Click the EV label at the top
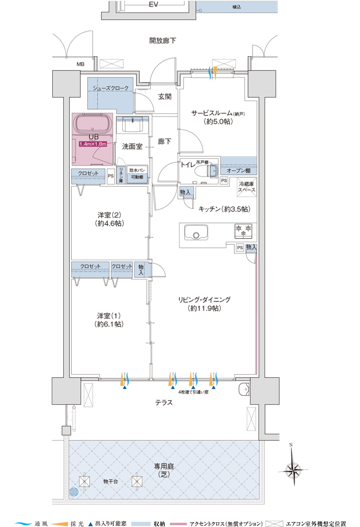click(153, 5)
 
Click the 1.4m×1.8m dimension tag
click(93, 143)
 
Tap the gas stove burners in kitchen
click(244, 230)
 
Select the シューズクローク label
click(111, 88)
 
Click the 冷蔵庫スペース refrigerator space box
click(246, 187)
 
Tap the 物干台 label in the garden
click(111, 481)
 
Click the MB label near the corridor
click(80, 64)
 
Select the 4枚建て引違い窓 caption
click(193, 392)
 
